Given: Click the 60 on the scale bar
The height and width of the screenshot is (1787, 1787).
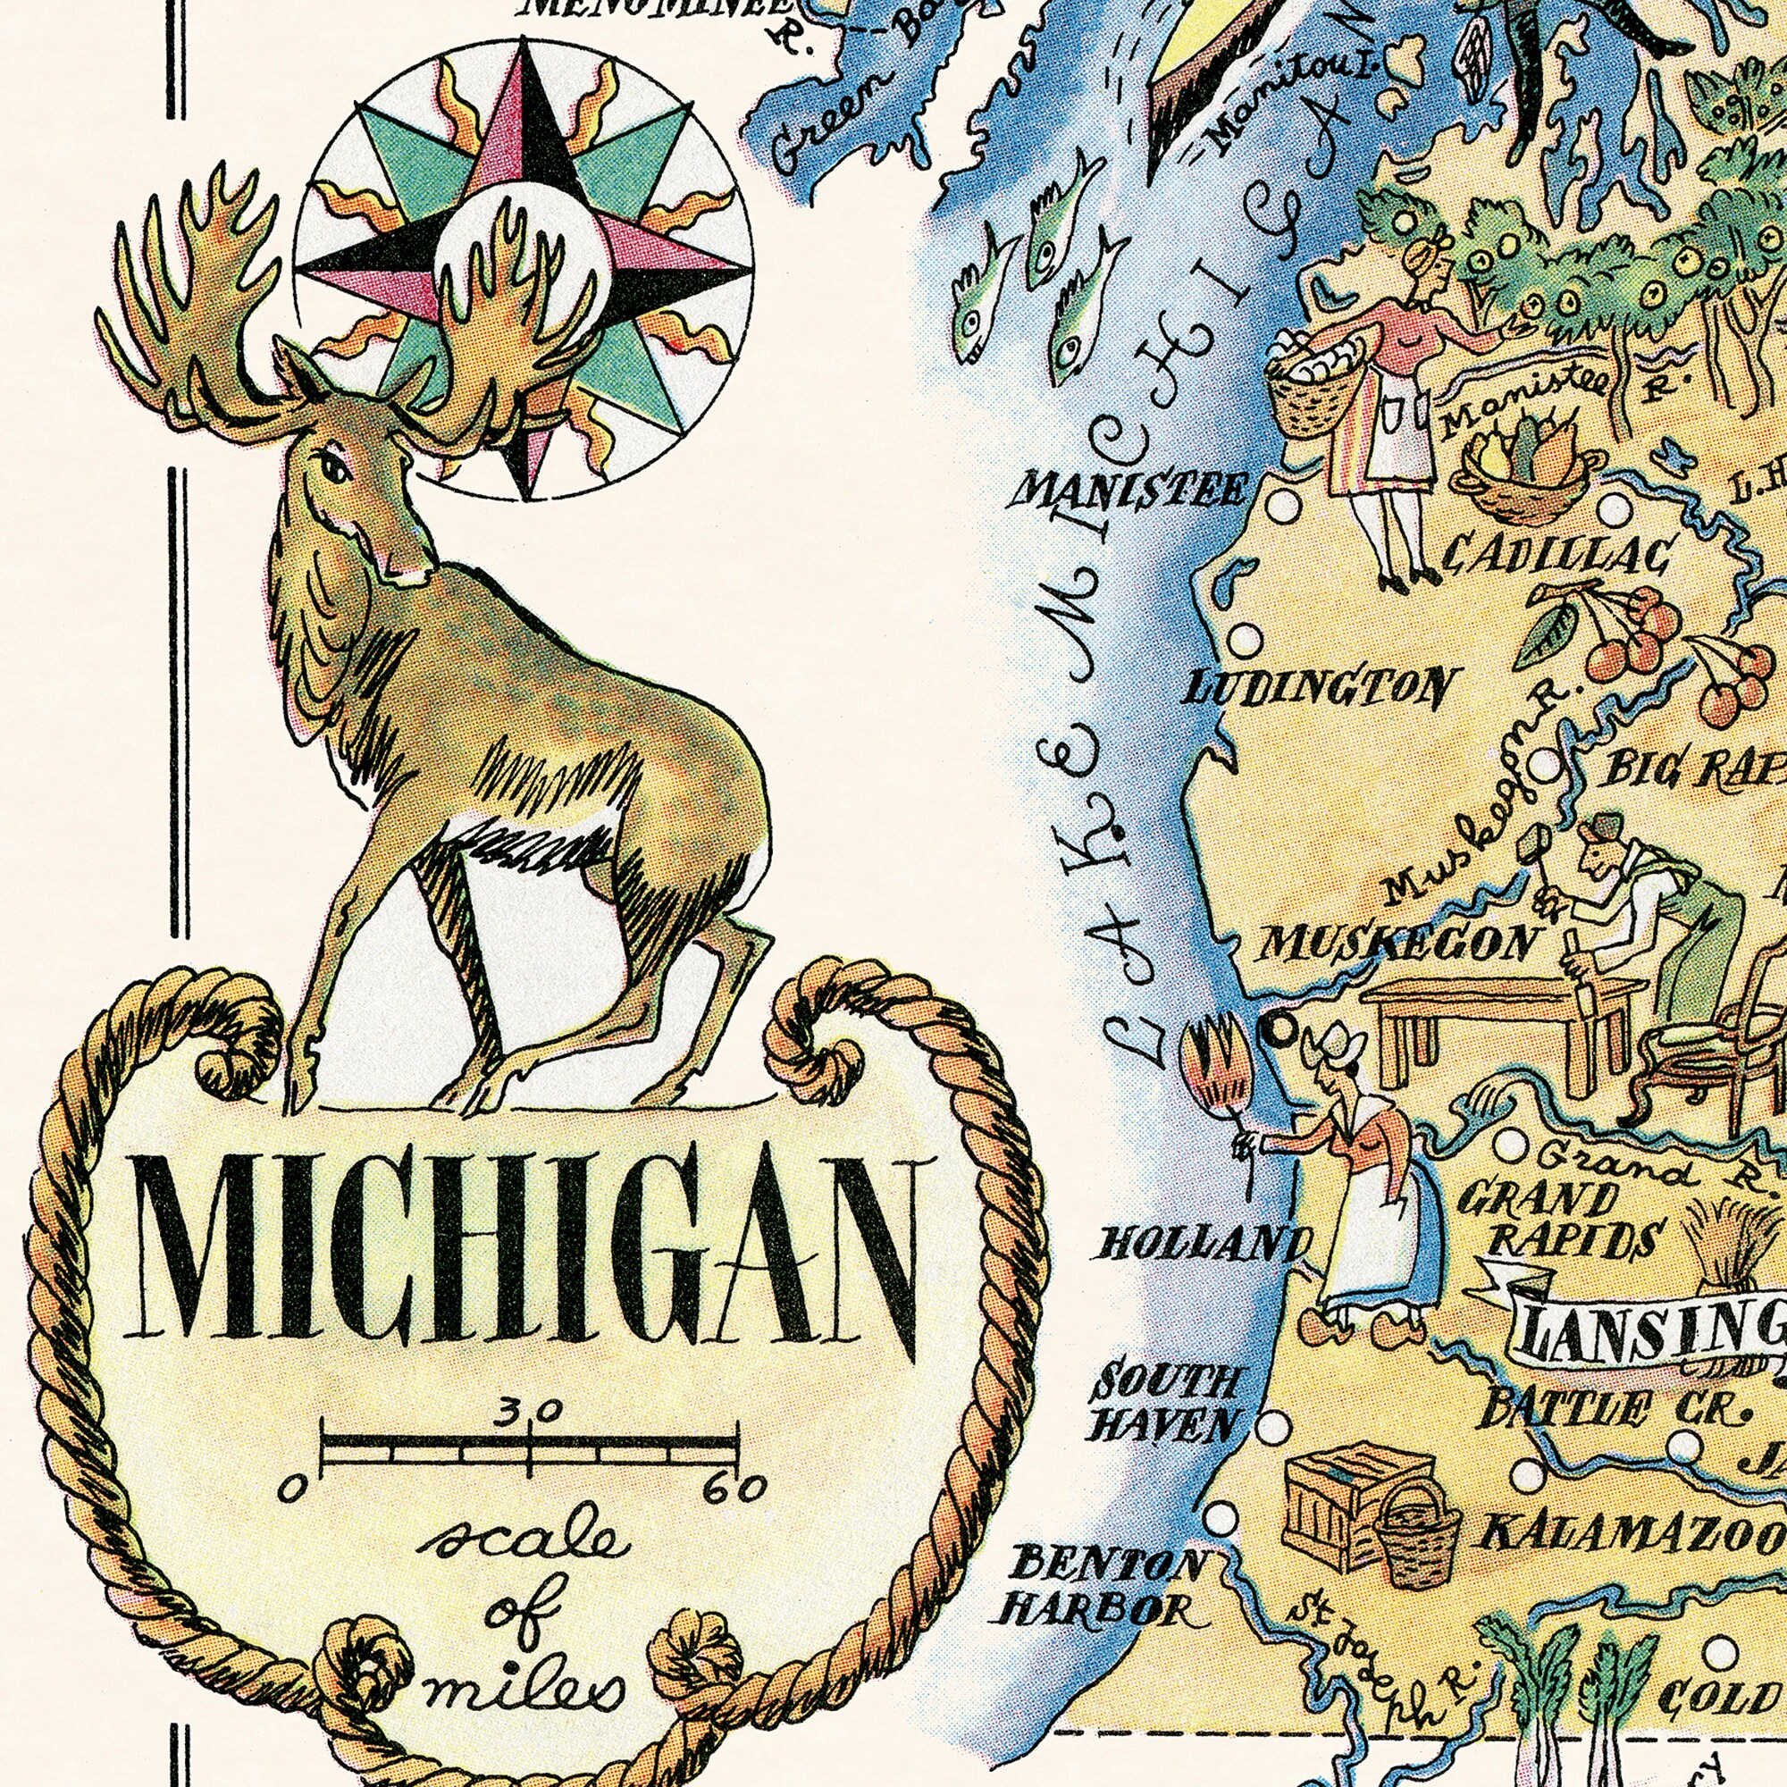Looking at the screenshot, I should pyautogui.click(x=734, y=1489).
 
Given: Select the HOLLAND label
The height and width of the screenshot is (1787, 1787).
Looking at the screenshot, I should pyautogui.click(x=1202, y=1245).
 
